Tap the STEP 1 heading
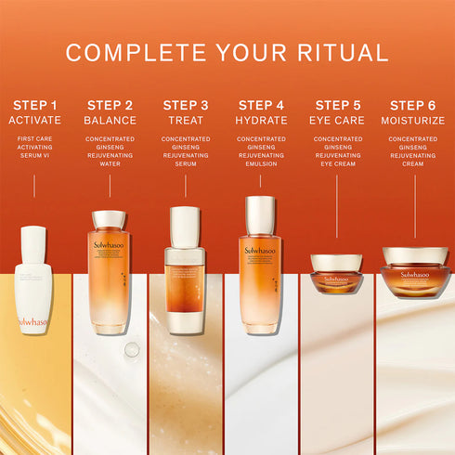click(x=34, y=105)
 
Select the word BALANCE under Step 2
click(x=110, y=121)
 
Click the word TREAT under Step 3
click(x=185, y=121)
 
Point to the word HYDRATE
click(x=261, y=121)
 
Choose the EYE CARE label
click(x=337, y=121)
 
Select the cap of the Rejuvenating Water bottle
click(x=110, y=220)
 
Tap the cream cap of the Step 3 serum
click(x=185, y=227)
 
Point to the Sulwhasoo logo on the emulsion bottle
click(x=261, y=250)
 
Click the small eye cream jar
click(x=336, y=274)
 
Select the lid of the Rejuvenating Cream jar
click(x=414, y=255)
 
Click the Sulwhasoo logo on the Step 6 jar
click(x=414, y=274)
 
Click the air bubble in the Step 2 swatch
click(x=132, y=350)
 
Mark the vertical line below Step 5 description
click(x=336, y=209)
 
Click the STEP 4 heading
click(x=261, y=105)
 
